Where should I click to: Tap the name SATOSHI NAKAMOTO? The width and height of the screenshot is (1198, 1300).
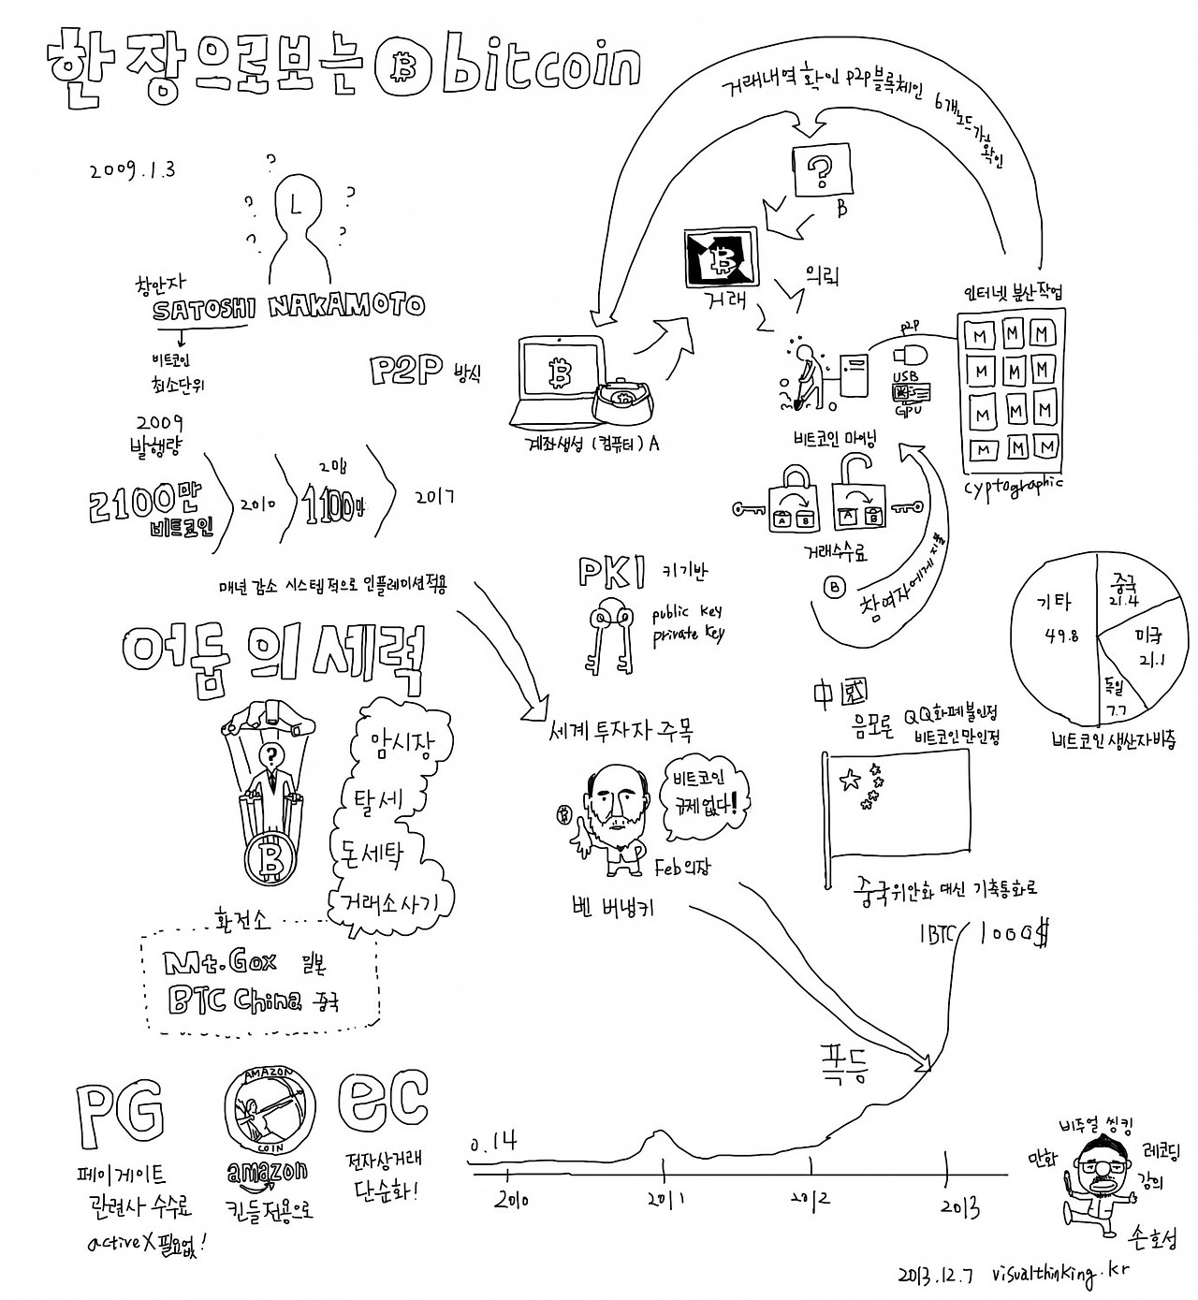click(x=289, y=306)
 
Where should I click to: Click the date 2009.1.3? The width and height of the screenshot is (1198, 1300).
click(x=133, y=170)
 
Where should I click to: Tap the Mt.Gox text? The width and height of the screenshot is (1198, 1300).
click(x=219, y=963)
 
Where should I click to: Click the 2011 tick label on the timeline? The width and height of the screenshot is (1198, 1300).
click(x=664, y=1197)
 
